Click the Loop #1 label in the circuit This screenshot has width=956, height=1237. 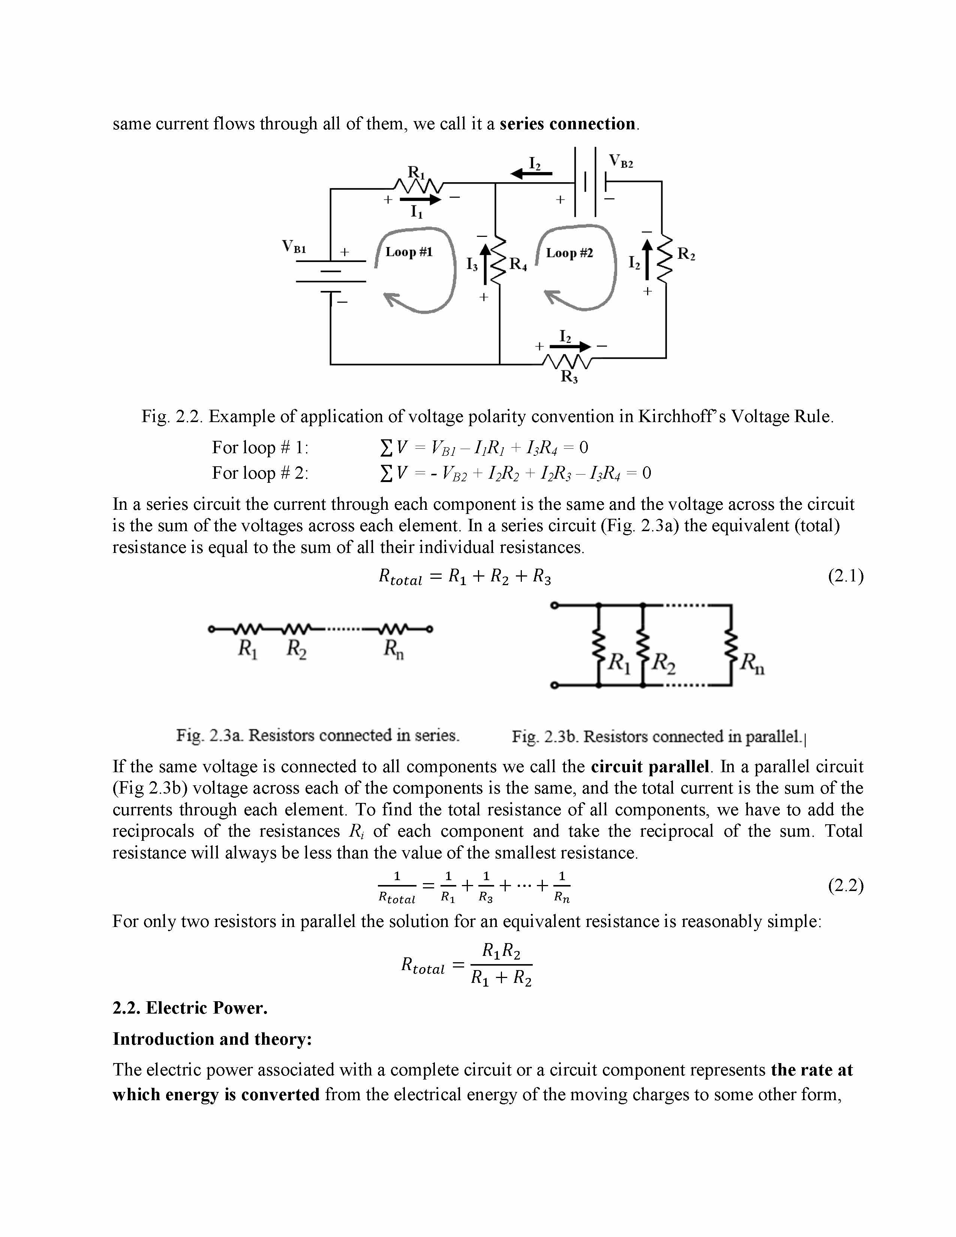click(x=409, y=252)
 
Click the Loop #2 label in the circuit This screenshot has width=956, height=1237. click(x=569, y=253)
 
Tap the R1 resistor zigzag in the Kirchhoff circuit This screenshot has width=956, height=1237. click(x=420, y=186)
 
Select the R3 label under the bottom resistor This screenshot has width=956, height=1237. click(x=569, y=376)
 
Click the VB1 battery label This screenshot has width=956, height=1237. click(x=294, y=247)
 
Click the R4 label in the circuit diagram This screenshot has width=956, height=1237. click(x=518, y=264)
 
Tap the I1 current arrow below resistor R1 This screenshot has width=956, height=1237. click(x=420, y=200)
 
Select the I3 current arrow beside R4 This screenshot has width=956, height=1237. click(x=484, y=264)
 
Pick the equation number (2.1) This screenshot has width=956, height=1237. click(x=845, y=576)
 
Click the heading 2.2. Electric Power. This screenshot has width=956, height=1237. click(x=190, y=1008)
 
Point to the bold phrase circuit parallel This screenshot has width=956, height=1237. click(x=650, y=766)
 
